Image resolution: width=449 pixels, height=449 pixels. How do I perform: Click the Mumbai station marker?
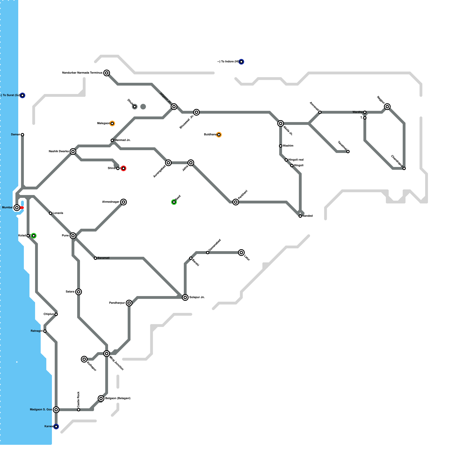[x=17, y=208]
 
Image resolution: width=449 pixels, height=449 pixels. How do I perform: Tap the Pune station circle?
[x=73, y=236]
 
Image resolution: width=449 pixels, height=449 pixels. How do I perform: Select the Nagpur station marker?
[x=387, y=107]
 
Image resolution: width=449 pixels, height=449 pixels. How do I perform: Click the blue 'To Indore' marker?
[x=241, y=62]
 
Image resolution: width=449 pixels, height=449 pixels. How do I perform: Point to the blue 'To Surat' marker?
[x=22, y=95]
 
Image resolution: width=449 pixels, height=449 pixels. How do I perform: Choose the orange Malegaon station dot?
[x=112, y=123]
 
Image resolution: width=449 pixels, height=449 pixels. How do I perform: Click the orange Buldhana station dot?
[x=219, y=135]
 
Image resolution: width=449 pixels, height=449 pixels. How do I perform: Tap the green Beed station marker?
[x=174, y=202]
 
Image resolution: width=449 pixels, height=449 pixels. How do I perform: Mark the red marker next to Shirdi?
[x=123, y=168]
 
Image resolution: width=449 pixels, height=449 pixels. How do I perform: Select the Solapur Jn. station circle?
[x=185, y=297]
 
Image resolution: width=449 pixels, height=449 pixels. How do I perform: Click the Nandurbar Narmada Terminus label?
[x=82, y=73]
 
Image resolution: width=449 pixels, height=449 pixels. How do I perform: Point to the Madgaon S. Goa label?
[x=41, y=410]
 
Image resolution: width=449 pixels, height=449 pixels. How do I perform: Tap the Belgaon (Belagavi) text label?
[x=118, y=398]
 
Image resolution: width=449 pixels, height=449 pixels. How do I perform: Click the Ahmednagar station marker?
[x=123, y=202]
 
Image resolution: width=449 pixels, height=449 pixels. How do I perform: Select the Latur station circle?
[x=241, y=253]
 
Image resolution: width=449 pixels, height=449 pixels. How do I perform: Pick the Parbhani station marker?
[x=236, y=202]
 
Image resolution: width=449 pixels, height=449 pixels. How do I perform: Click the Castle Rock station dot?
[x=79, y=410]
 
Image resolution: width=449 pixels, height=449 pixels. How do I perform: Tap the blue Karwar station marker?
[x=56, y=427]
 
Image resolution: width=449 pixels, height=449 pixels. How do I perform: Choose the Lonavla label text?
[x=58, y=213]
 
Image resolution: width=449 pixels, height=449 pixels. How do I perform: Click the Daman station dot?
[x=22, y=135]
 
